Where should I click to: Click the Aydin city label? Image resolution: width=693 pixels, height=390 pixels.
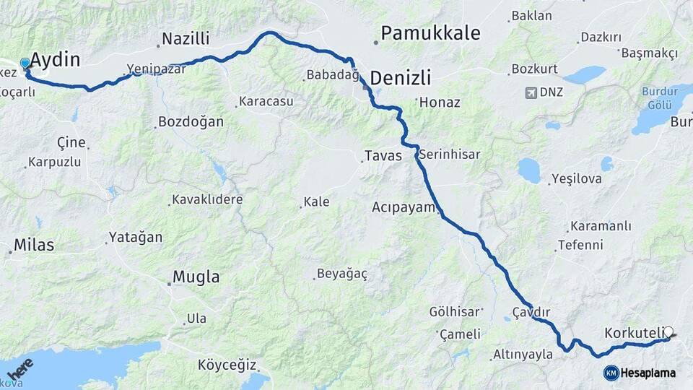(56, 60)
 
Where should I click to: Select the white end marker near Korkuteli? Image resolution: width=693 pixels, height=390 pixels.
(668, 332)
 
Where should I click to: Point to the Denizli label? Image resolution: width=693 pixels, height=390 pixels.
(401, 78)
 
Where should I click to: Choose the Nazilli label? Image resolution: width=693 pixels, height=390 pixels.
(186, 39)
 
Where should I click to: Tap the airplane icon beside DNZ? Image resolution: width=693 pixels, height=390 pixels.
(532, 92)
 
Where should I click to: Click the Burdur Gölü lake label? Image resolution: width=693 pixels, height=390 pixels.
(655, 97)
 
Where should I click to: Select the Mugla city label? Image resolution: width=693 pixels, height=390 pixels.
(196, 277)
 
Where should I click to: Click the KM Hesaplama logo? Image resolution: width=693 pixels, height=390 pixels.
(640, 373)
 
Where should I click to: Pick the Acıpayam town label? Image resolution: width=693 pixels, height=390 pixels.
(404, 208)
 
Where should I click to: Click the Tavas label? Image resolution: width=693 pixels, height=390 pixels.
(383, 156)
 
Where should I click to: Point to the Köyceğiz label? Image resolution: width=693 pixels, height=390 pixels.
(227, 365)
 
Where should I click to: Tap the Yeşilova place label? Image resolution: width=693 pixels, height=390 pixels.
(575, 178)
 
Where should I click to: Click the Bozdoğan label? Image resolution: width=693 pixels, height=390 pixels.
(191, 122)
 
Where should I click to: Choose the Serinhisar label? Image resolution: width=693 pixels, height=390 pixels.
(450, 155)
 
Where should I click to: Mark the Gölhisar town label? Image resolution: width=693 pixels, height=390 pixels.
(455, 312)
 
